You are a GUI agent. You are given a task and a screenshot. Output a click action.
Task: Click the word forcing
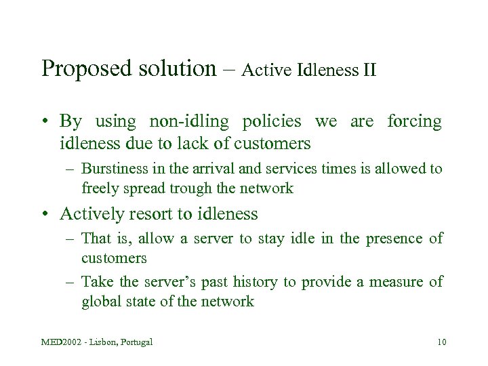tap(413, 123)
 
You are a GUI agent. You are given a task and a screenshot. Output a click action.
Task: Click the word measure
tap(395, 282)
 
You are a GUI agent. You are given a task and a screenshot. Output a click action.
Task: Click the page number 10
tap(441, 342)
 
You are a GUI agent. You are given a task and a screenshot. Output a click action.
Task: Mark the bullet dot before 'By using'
tap(45, 123)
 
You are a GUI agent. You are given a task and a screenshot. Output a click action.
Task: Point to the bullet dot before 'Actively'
tap(45, 215)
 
